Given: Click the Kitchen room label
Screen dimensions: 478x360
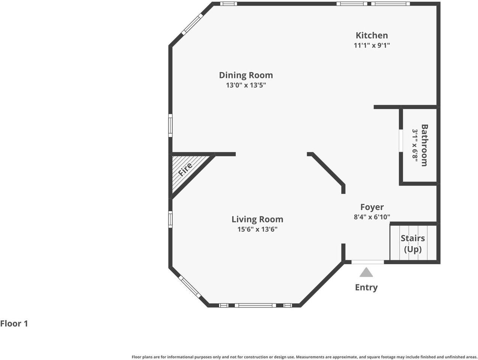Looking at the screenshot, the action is (x=372, y=35).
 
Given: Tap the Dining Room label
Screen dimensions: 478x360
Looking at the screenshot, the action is (x=246, y=75).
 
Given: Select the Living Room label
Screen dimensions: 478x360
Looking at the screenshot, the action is (x=257, y=219).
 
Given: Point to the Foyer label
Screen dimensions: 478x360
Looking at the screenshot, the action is (x=372, y=207).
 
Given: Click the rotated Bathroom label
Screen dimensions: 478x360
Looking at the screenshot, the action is (x=424, y=145).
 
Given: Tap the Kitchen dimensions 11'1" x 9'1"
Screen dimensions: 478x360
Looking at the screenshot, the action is (x=372, y=45).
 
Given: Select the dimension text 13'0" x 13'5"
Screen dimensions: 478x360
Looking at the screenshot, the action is (x=246, y=85).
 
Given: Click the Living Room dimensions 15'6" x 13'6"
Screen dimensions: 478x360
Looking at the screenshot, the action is (x=257, y=229).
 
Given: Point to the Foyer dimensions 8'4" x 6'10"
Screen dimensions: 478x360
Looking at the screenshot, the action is (x=372, y=217).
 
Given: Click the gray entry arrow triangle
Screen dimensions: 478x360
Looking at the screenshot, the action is (x=366, y=272).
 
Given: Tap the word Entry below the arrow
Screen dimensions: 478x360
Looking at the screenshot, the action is (x=366, y=288).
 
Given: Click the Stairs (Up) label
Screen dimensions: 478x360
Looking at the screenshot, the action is (x=413, y=244).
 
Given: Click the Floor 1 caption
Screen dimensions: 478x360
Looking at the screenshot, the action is (x=14, y=324).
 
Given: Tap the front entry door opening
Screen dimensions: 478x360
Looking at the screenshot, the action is (x=367, y=262).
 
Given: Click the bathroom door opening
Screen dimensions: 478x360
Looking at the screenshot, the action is (x=401, y=141).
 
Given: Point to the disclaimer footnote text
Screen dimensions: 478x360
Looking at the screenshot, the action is (x=304, y=357).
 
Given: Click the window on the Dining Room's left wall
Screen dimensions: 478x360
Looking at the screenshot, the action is (x=170, y=126).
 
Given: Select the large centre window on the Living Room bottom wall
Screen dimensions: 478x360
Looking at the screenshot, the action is (x=255, y=305).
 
